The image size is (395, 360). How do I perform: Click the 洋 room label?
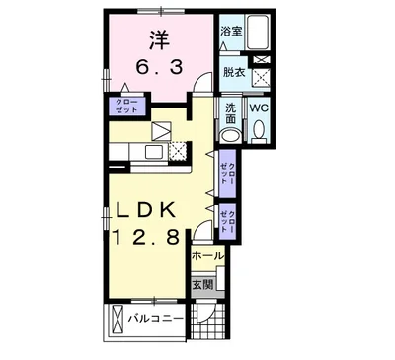(x=158, y=40)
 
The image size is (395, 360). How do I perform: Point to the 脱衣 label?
(x=233, y=72)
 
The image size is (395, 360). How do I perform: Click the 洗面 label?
(x=230, y=111)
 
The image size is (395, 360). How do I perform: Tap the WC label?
(x=261, y=108)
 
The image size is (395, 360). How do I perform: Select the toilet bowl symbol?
(x=260, y=129)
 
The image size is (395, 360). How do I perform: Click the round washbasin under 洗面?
(x=230, y=136)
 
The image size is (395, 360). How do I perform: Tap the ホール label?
(x=207, y=255)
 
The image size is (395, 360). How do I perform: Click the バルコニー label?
(x=156, y=319)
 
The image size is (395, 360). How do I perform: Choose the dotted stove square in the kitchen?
(x=178, y=151)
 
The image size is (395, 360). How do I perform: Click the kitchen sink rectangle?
(x=154, y=151)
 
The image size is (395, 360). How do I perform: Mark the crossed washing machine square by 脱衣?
(x=262, y=72)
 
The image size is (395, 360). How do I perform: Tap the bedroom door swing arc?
(x=202, y=87)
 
